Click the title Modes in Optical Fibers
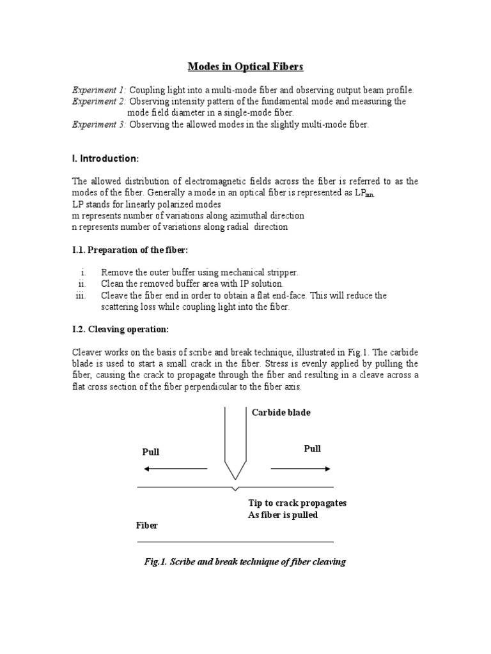(245, 66)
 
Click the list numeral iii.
(81, 296)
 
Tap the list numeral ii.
(82, 284)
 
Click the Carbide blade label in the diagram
(281, 413)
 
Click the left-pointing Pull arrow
(175, 469)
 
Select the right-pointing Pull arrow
(302, 469)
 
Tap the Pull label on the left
(150, 452)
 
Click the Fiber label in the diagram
(146, 526)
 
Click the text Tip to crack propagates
(297, 503)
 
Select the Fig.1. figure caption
(245, 562)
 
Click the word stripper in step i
(282, 273)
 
